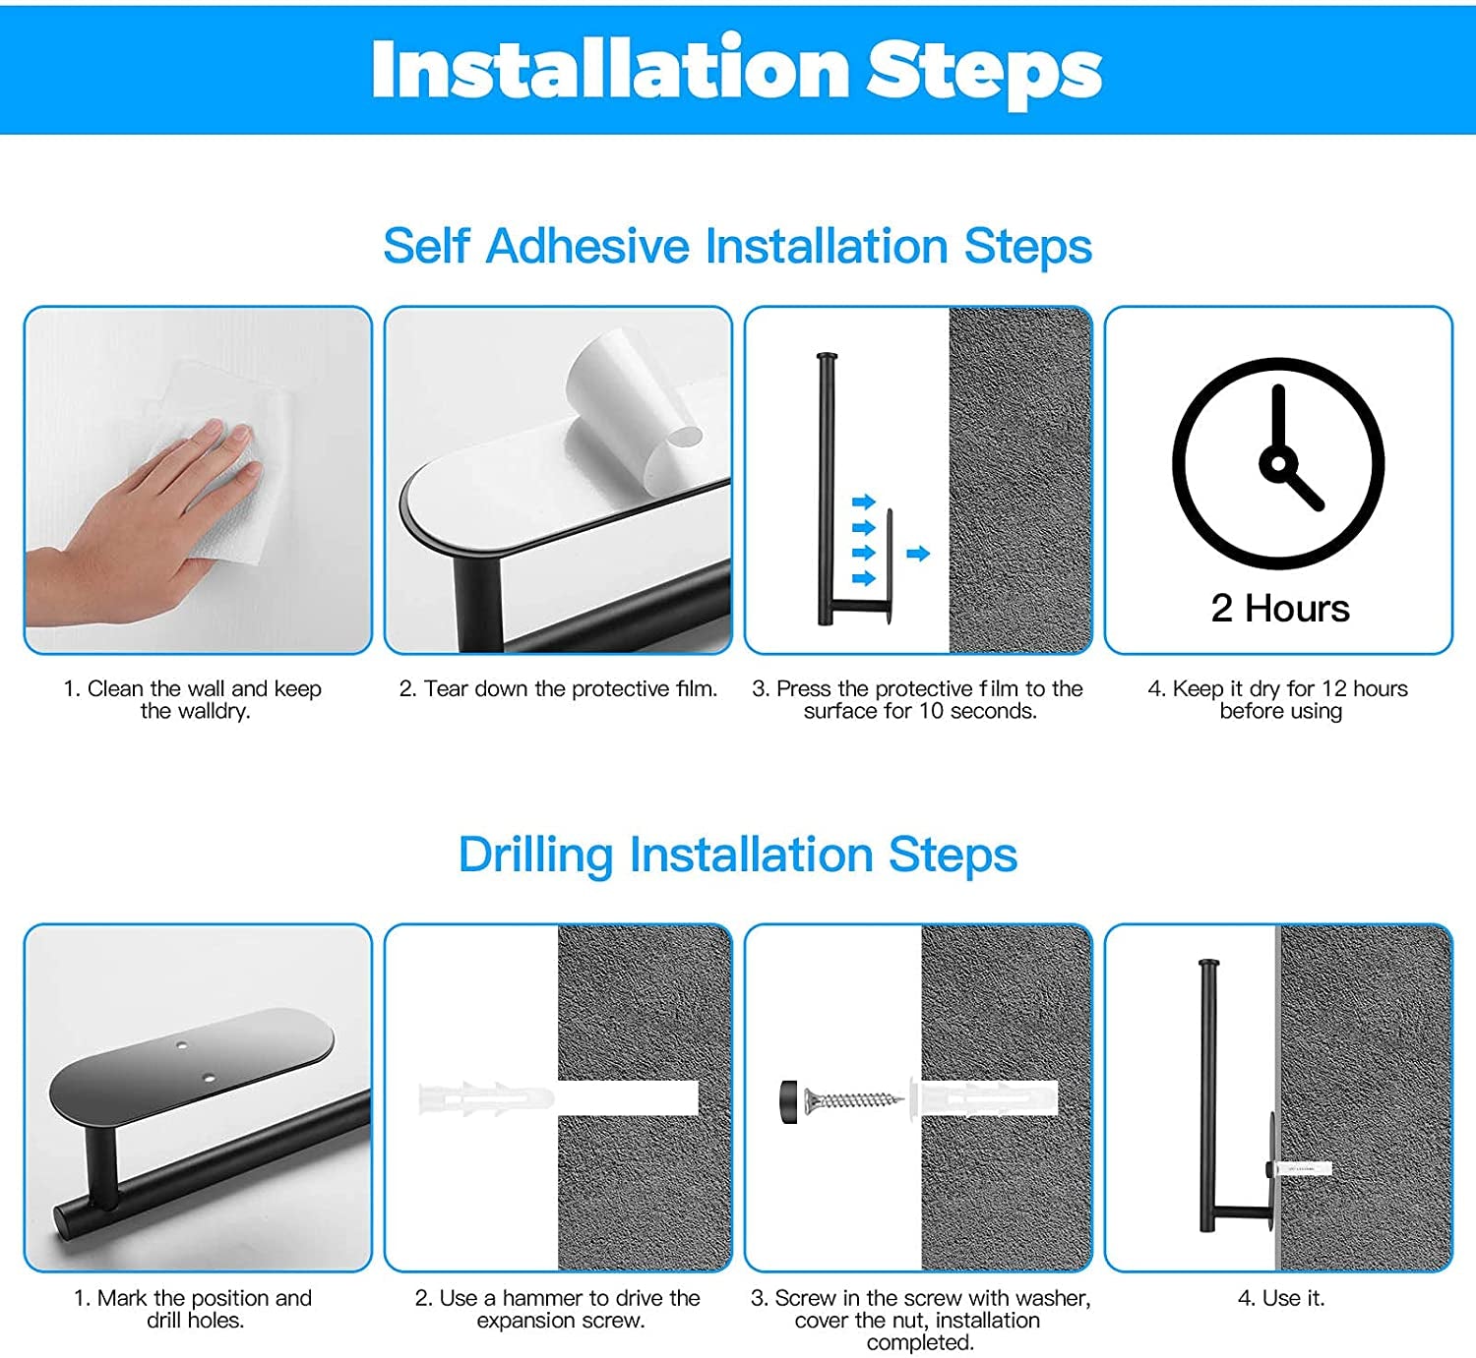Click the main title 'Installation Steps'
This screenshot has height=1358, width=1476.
(x=737, y=69)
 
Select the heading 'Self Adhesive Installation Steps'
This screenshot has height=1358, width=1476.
(x=737, y=246)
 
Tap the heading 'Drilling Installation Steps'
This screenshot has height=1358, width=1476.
(x=737, y=855)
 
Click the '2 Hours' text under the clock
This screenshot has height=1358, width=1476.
(x=1280, y=609)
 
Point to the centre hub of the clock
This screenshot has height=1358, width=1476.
(x=1278, y=463)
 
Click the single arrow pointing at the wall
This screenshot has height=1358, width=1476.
(x=917, y=554)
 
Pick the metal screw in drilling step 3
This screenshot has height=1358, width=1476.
(x=853, y=1101)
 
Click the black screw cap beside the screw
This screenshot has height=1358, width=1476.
(x=789, y=1101)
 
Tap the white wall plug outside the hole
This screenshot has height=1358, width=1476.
(x=486, y=1098)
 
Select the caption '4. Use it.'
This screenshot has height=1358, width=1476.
(x=1281, y=1298)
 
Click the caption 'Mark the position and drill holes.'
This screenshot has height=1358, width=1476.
(x=193, y=1309)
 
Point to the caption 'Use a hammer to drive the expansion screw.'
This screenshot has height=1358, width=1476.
(x=558, y=1309)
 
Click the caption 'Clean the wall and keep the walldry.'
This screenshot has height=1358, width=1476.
(x=193, y=699)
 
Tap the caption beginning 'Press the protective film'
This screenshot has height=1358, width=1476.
(x=917, y=699)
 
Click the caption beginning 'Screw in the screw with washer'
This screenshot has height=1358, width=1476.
(x=920, y=1320)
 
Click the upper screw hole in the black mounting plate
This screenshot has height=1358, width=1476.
(x=182, y=1044)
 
